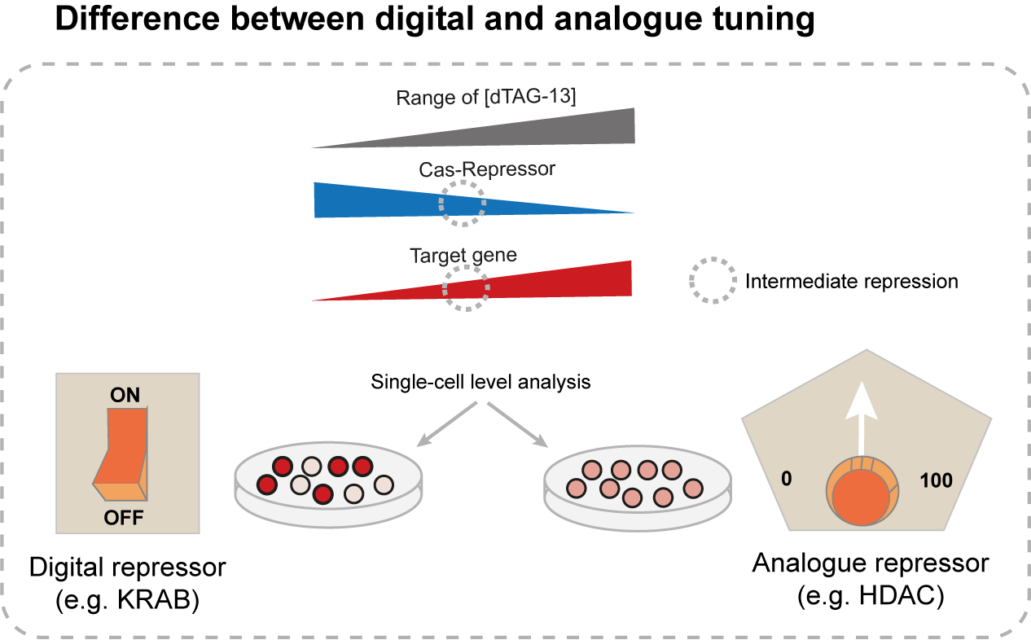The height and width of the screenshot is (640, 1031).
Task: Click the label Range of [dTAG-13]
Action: click(486, 98)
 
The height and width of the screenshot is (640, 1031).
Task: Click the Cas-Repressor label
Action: click(487, 169)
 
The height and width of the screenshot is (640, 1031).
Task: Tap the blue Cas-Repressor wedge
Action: click(366, 200)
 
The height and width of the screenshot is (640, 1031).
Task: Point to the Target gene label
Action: click(463, 255)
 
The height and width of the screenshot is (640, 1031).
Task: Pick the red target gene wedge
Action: click(570, 282)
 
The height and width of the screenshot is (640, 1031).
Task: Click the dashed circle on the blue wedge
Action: click(463, 204)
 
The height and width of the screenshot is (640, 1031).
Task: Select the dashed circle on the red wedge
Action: click(466, 287)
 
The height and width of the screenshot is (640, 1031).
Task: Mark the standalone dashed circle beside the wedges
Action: click(713, 281)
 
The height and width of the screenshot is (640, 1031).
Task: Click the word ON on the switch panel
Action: click(125, 396)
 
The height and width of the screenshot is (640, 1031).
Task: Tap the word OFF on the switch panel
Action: click(125, 517)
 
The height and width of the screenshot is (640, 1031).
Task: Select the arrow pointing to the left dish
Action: click(447, 424)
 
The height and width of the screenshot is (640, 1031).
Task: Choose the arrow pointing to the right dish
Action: click(518, 424)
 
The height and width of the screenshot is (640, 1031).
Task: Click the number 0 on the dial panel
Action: click(786, 479)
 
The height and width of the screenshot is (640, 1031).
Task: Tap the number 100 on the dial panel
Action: click(936, 480)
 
